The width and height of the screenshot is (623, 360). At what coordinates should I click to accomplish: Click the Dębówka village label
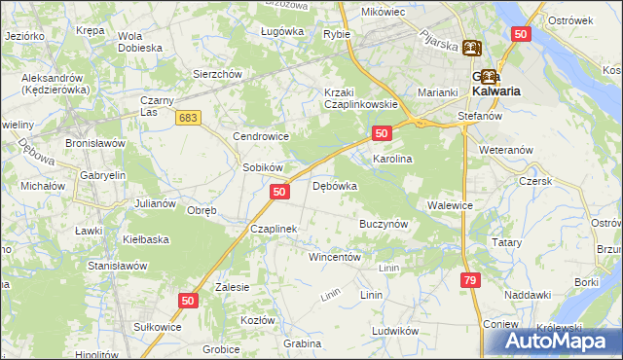(335, 186)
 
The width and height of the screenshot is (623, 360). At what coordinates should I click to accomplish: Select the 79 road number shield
(471, 280)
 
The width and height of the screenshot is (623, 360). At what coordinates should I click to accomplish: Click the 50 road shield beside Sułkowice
(188, 302)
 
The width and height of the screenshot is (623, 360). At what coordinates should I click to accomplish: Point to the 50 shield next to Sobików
(279, 193)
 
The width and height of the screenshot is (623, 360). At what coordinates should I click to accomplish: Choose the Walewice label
(450, 205)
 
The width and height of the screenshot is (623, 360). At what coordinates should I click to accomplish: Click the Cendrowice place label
(257, 137)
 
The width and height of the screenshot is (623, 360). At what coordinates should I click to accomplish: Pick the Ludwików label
(394, 331)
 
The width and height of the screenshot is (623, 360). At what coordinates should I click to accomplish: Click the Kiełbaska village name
(146, 238)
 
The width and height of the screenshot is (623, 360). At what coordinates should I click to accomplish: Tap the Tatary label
(506, 242)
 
